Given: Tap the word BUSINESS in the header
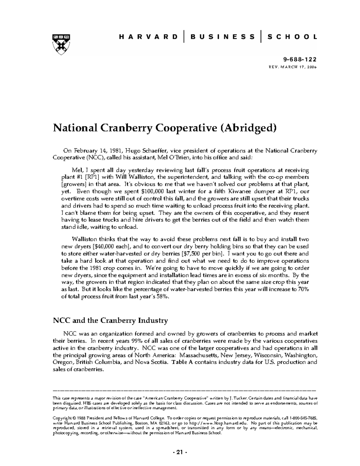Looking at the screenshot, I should [222, 37].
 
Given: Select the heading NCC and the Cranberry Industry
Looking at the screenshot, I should [110, 320].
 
